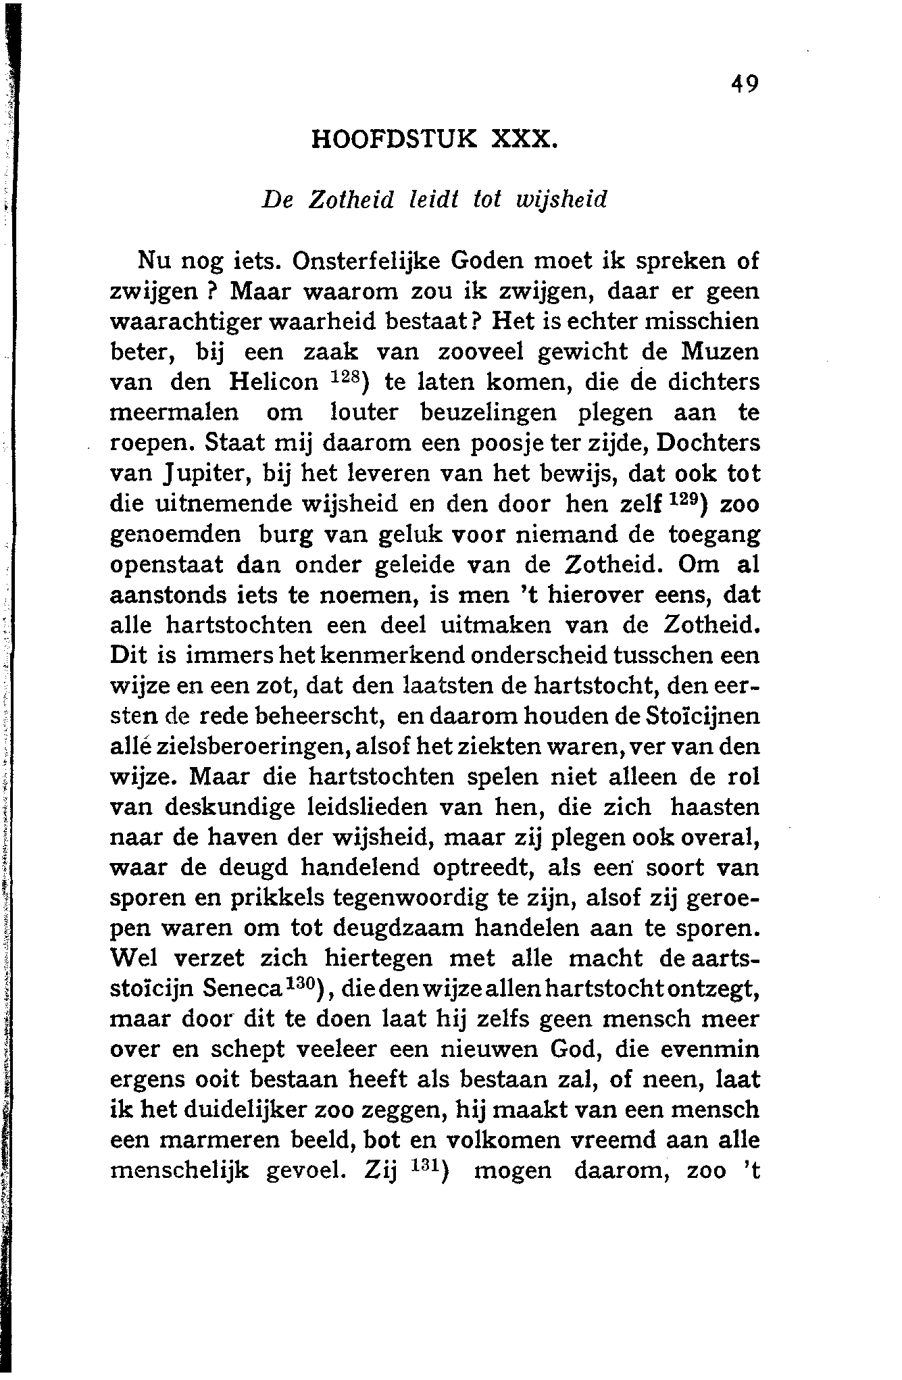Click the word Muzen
[720, 352]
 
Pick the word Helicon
[274, 383]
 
